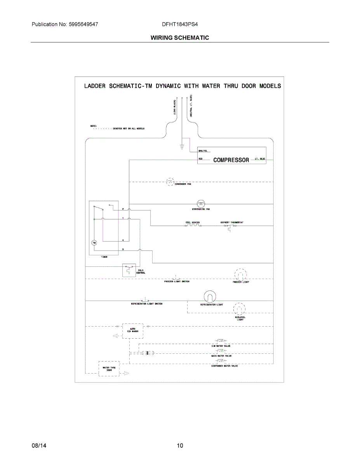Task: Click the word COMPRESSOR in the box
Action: [x=231, y=160]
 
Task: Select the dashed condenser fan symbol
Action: [x=170, y=181]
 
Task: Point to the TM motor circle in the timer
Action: [x=94, y=243]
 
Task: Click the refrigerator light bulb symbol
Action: [x=210, y=297]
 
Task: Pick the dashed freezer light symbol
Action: [x=241, y=275]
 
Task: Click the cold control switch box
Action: [x=129, y=270]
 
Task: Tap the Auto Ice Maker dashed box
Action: [x=132, y=331]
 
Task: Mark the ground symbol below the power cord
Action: [x=181, y=147]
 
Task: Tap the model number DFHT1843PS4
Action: [x=180, y=24]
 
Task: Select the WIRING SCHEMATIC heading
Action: [x=180, y=38]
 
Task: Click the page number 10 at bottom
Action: [x=180, y=445]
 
